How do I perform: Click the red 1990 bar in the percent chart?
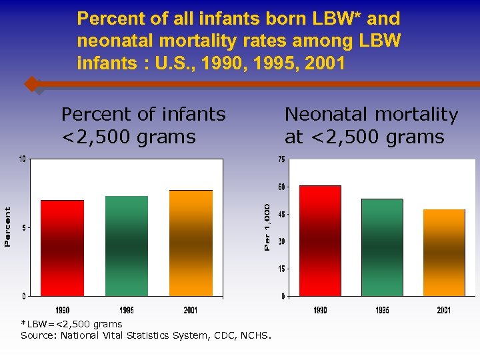click(62, 248)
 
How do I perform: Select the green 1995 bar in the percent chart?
click(127, 246)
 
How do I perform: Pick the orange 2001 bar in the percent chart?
click(191, 243)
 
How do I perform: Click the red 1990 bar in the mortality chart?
click(320, 241)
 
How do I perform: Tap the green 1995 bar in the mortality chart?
click(382, 247)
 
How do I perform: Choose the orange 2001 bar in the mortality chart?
click(444, 253)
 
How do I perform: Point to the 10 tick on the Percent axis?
click(23, 159)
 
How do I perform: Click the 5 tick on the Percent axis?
click(25, 228)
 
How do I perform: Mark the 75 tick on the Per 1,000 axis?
click(281, 159)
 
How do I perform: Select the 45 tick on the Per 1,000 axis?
click(281, 214)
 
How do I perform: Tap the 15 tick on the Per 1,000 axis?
click(281, 269)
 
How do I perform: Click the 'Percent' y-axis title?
click(7, 227)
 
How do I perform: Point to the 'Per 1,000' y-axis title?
click(267, 227)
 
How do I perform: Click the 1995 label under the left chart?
click(127, 310)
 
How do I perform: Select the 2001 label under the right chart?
click(444, 310)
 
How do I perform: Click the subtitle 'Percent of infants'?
click(143, 115)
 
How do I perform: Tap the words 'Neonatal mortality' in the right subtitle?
click(371, 115)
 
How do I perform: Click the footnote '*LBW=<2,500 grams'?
click(71, 324)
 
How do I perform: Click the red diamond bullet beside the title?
click(31, 85)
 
